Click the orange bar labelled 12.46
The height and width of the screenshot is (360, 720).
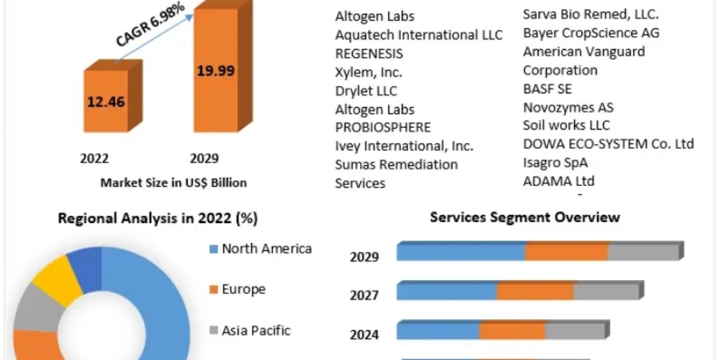click(106, 102)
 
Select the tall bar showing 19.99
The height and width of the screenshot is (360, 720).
click(216, 72)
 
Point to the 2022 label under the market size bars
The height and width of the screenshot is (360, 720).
click(94, 158)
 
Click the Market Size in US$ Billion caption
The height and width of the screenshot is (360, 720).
click(173, 182)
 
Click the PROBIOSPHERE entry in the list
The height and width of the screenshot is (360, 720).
click(383, 127)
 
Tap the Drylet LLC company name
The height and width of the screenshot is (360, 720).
click(366, 91)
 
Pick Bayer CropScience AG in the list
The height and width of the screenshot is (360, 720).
click(591, 33)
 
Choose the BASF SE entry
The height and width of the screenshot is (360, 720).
click(547, 89)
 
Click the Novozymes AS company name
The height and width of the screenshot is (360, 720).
click(568, 108)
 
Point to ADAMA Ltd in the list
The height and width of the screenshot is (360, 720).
click(559, 181)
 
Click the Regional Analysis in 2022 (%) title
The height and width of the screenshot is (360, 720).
click(158, 218)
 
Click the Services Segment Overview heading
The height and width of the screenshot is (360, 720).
click(525, 217)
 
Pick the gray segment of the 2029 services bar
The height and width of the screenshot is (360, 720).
click(643, 253)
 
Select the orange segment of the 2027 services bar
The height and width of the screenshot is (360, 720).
click(535, 291)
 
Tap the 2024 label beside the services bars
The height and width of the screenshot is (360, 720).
click(364, 334)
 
